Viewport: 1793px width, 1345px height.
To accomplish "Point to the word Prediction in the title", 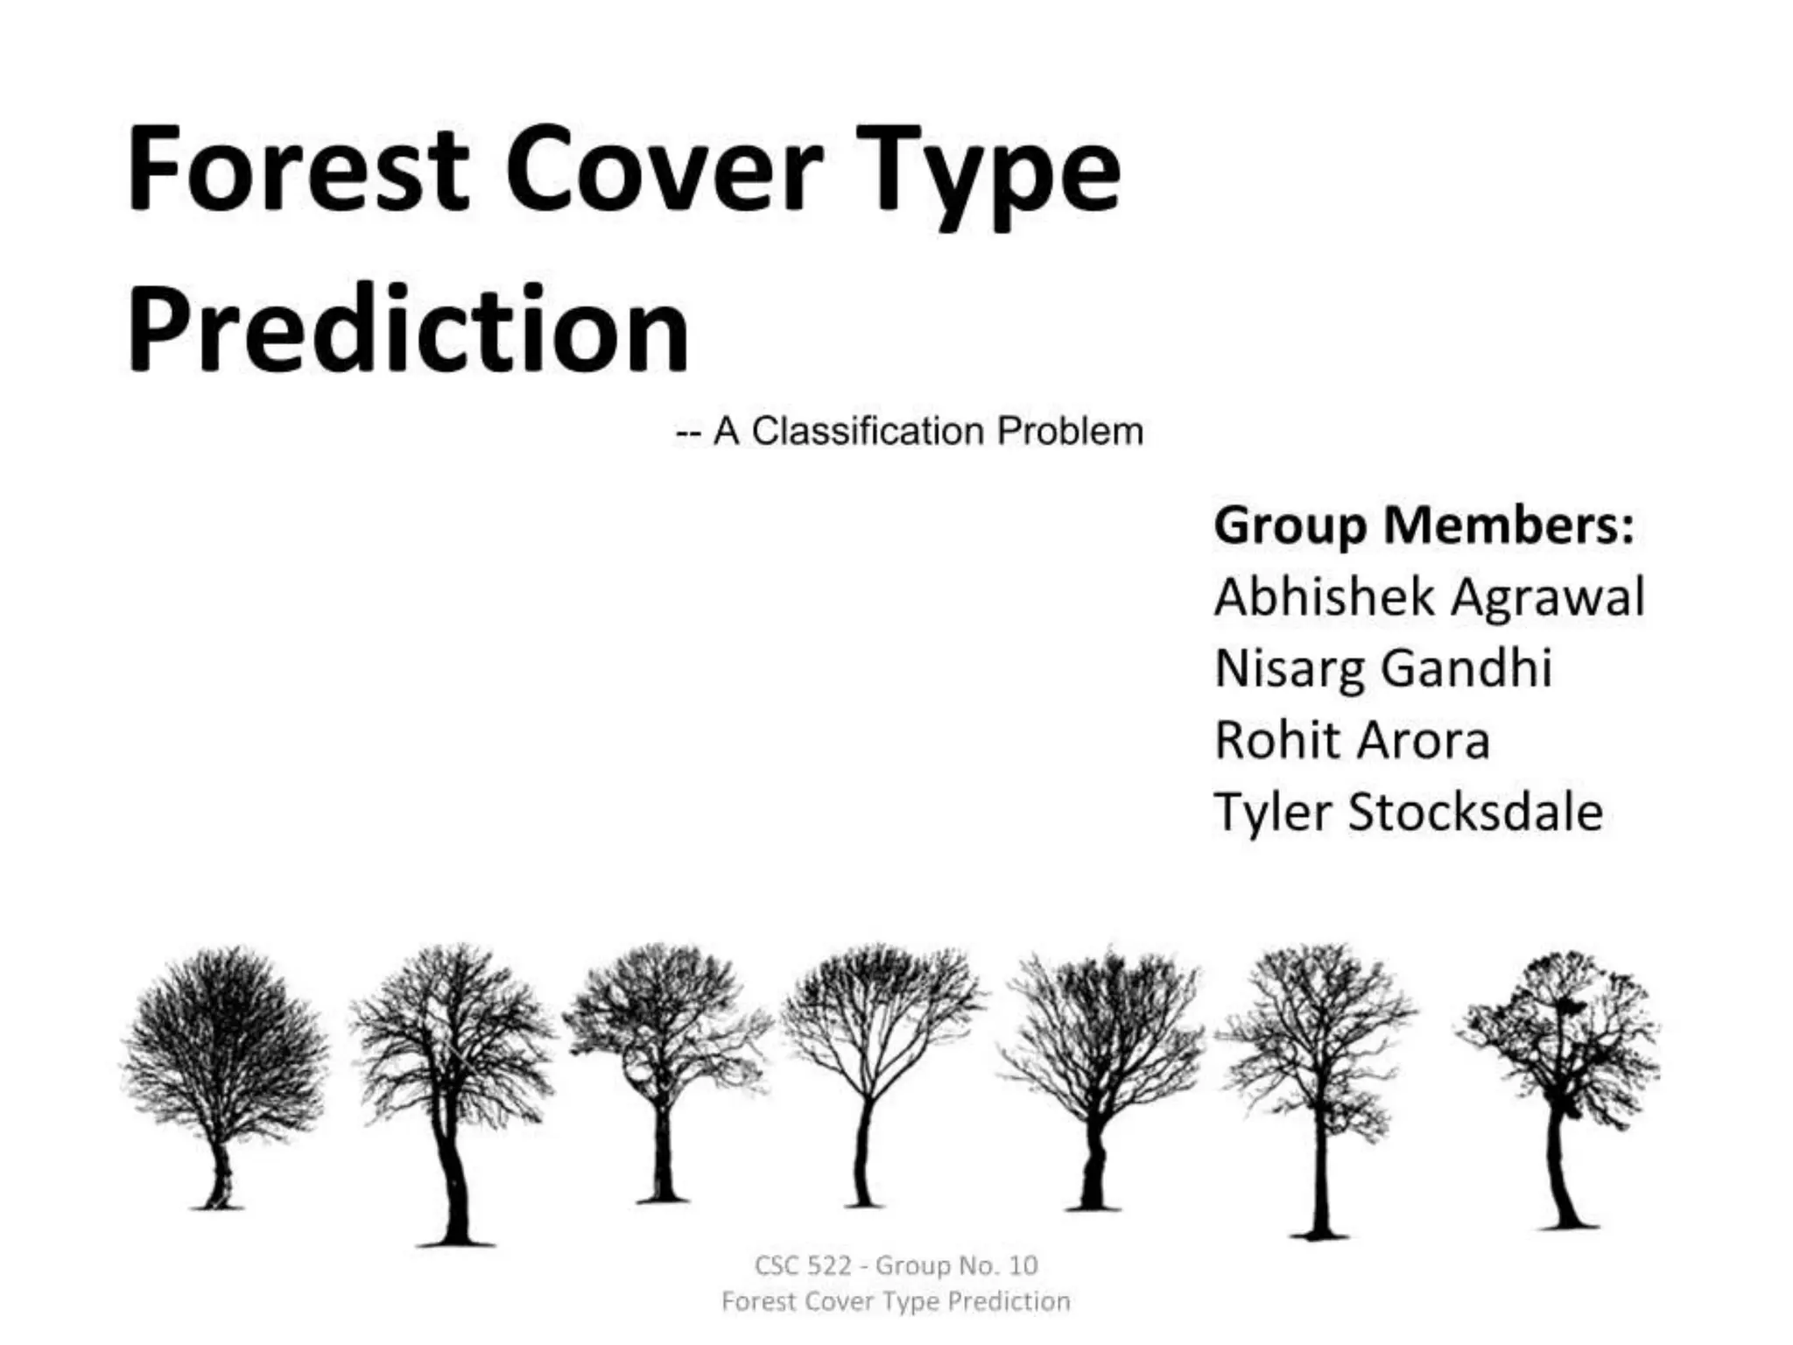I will click(x=408, y=331).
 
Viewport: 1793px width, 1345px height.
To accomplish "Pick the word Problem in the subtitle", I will click(x=1070, y=432).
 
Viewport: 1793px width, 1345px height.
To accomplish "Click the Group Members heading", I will click(x=1424, y=525).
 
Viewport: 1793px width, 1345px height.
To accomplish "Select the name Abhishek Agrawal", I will click(x=1429, y=597).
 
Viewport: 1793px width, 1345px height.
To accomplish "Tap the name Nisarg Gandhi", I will click(x=1383, y=669).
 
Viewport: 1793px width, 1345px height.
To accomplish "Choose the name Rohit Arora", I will click(x=1352, y=741).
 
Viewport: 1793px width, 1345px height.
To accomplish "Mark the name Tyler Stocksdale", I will click(x=1408, y=813).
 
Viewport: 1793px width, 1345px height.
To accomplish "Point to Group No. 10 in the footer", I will click(x=957, y=1265).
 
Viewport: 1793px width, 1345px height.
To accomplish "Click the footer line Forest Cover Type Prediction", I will click(x=896, y=1301).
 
